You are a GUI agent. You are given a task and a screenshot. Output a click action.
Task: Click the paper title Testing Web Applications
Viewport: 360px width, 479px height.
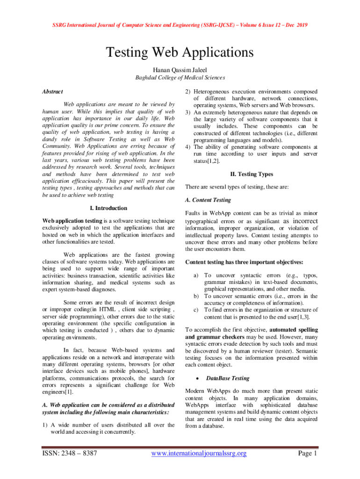coord(180,51)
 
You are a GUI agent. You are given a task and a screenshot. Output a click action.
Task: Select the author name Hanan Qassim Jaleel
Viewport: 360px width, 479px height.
coord(180,69)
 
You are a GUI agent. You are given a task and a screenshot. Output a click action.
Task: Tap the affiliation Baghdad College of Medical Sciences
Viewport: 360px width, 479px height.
coord(180,78)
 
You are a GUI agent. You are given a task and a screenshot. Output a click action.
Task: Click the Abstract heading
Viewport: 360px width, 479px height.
coord(52,92)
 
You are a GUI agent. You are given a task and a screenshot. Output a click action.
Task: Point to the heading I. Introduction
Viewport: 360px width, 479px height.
coord(108,208)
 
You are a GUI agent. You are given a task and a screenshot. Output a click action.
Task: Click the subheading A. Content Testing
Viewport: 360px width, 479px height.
coord(208,200)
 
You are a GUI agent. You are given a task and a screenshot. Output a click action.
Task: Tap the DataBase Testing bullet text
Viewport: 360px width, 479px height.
coord(227,378)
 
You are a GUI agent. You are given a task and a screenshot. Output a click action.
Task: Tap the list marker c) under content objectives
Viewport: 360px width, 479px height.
coord(196,310)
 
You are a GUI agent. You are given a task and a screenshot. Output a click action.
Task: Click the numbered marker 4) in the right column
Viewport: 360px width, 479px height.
coord(188,146)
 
